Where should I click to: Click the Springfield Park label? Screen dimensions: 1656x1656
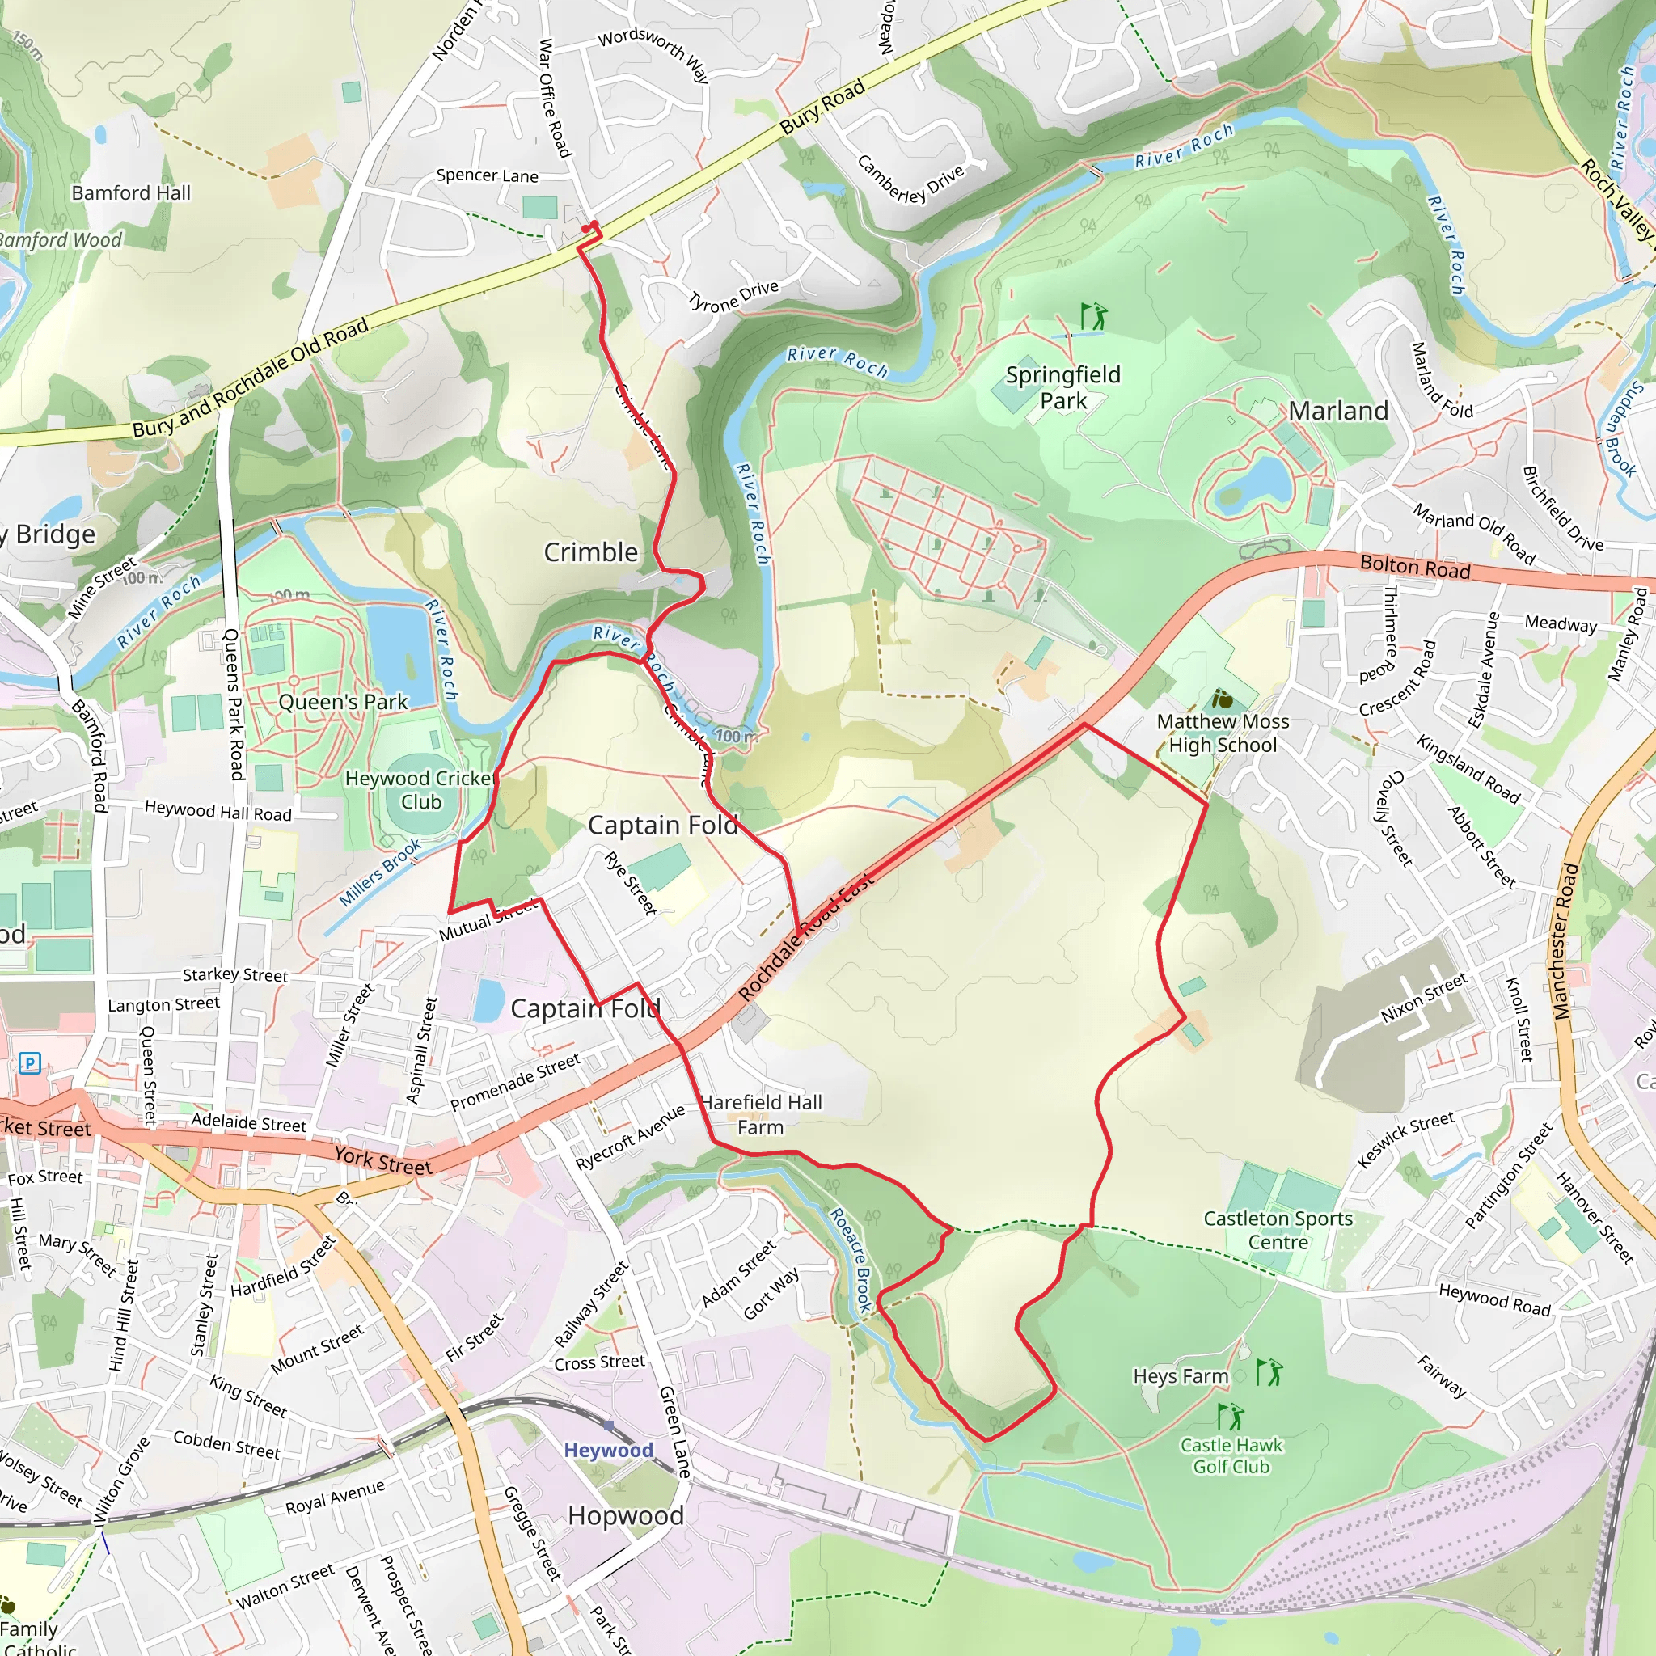tap(1062, 387)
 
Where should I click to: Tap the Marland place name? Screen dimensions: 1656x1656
tap(1338, 412)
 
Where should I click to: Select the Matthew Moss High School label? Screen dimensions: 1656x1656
tap(1223, 733)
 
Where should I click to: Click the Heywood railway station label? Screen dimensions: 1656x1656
tap(609, 1450)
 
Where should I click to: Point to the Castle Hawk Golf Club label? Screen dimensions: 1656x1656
tap(1231, 1455)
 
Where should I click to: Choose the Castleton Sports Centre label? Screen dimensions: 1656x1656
tap(1278, 1230)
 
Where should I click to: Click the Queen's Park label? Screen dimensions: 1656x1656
tap(343, 702)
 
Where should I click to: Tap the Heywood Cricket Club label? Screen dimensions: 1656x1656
tap(420, 790)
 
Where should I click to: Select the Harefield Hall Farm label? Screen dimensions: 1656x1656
tap(761, 1114)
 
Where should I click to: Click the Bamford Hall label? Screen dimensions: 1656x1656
tap(131, 193)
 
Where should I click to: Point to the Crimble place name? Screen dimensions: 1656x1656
tap(590, 552)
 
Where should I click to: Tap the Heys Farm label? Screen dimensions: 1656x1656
tap(1181, 1375)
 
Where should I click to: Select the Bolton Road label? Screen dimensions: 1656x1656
tap(1414, 568)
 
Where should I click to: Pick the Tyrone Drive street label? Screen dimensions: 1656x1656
tap(733, 296)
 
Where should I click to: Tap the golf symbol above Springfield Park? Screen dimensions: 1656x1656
tap(1093, 316)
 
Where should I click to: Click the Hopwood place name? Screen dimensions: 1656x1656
tap(626, 1515)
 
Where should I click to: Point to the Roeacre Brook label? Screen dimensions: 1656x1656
tap(852, 1260)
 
